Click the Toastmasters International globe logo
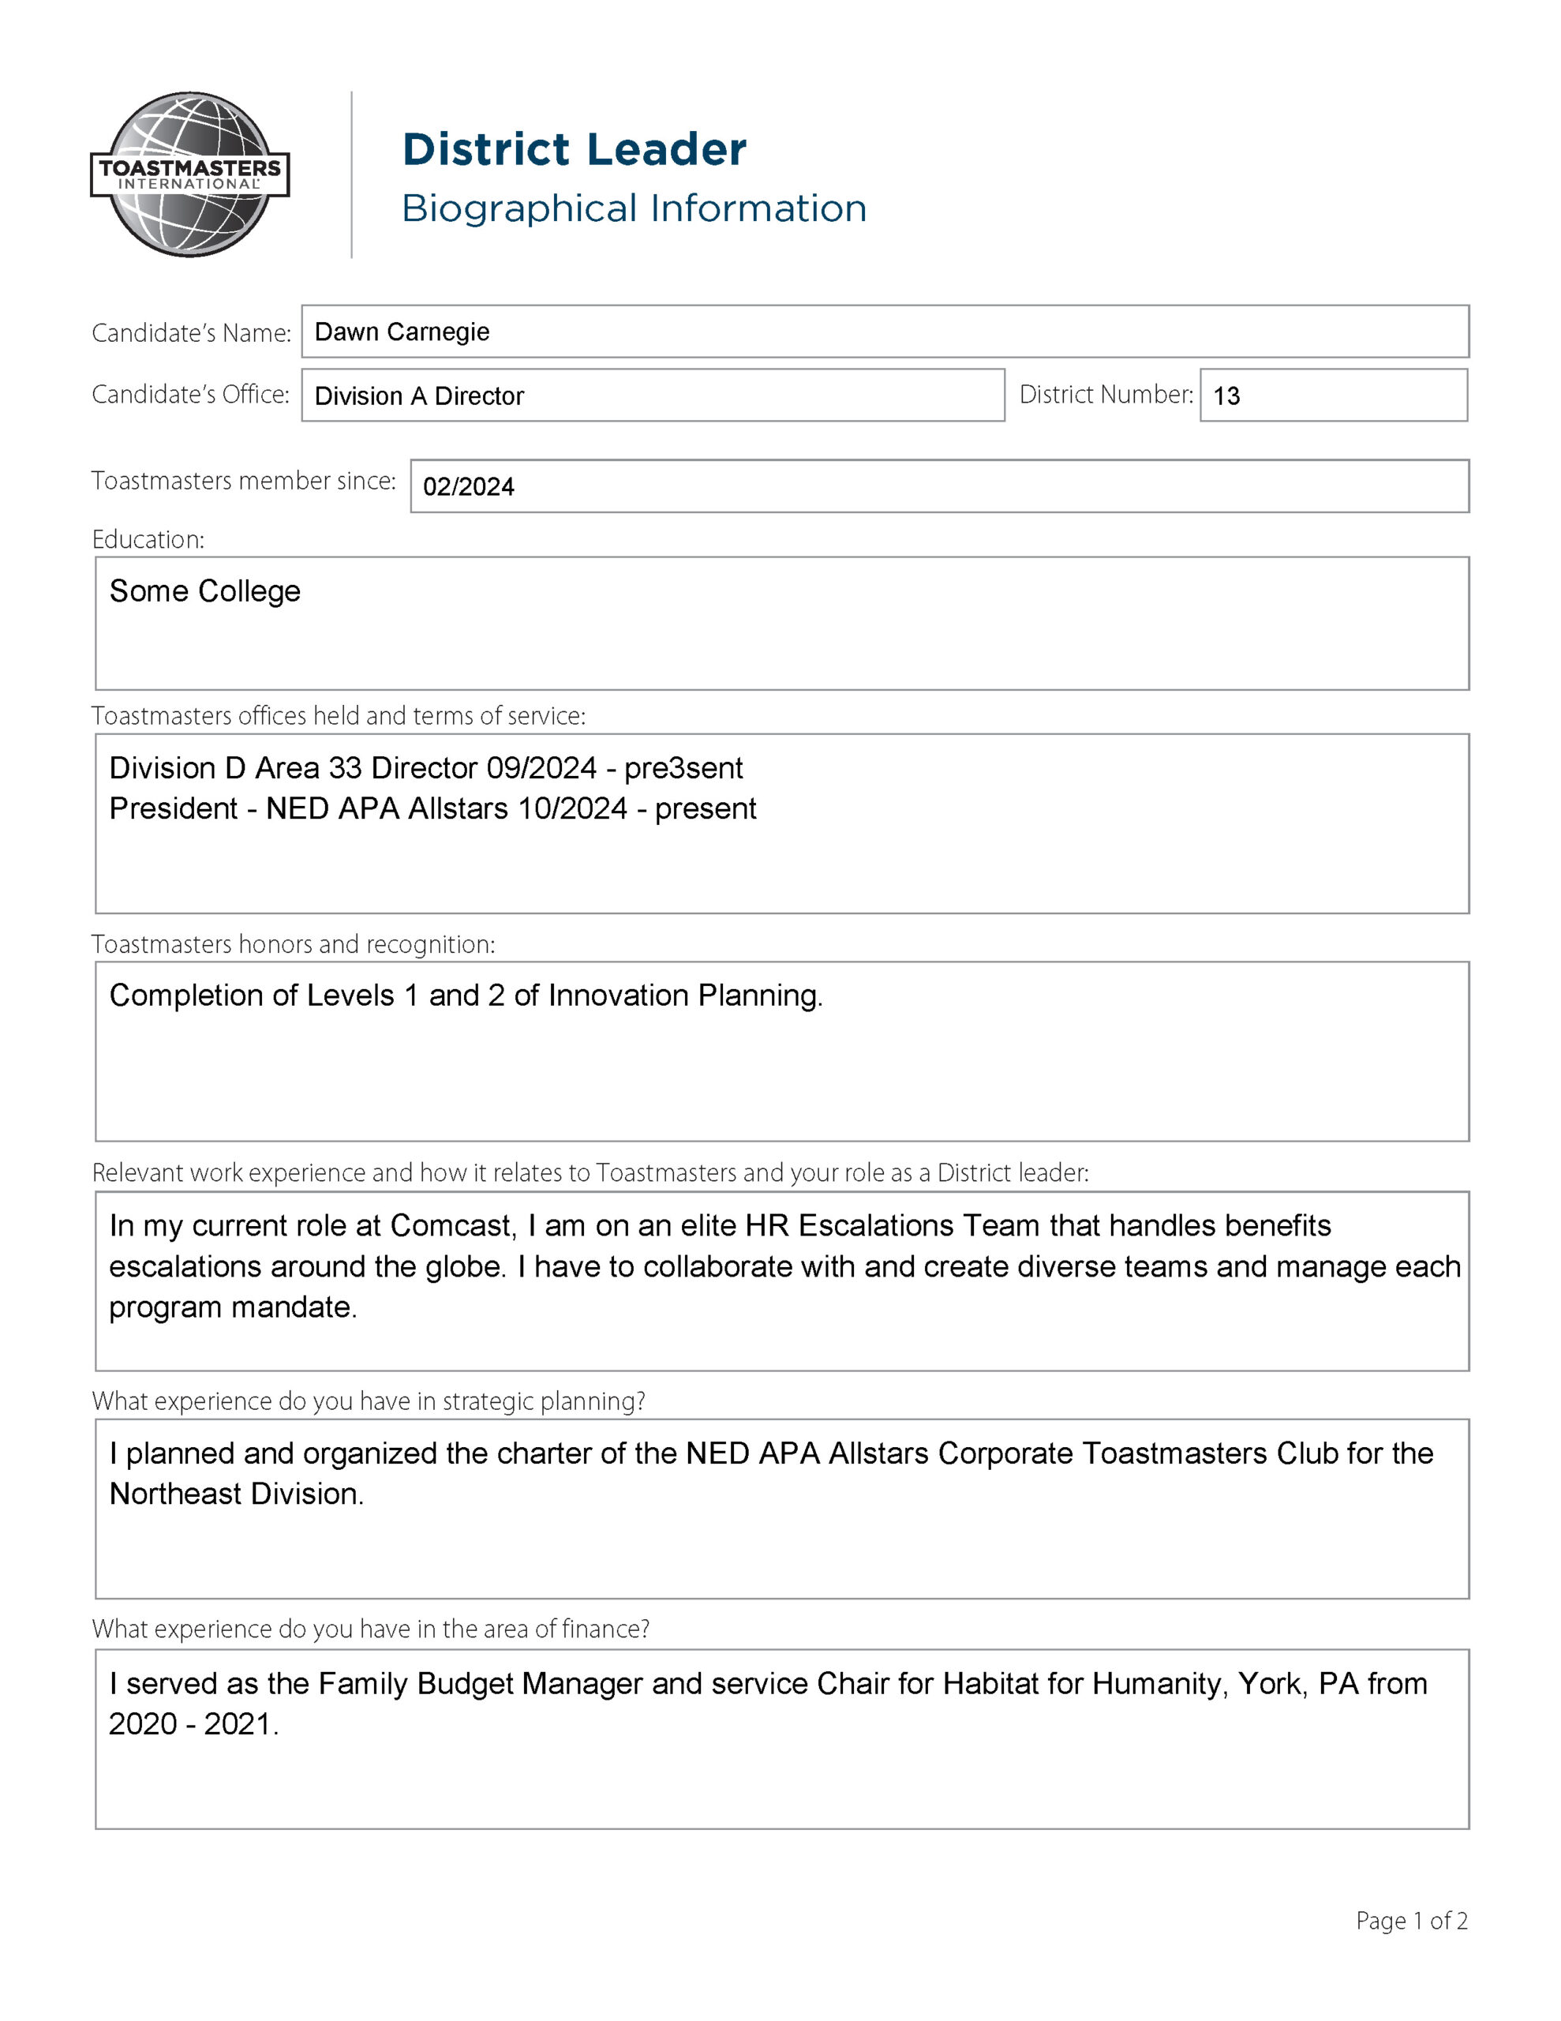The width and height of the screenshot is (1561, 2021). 189,174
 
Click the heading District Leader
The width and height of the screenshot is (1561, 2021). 574,150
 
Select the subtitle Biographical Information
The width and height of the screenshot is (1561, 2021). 634,209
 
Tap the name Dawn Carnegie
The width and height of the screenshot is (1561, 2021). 402,332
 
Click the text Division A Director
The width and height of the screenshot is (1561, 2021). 419,396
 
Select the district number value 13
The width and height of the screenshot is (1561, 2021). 1226,396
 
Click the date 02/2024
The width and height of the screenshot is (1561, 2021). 468,487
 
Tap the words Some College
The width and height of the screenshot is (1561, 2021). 204,591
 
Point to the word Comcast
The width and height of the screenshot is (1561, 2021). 451,1225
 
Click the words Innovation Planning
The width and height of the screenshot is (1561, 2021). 685,996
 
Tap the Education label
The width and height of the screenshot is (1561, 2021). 148,539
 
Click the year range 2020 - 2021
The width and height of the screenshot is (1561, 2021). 193,1724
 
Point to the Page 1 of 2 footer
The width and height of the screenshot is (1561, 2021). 1411,1921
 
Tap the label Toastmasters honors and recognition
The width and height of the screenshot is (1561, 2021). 294,944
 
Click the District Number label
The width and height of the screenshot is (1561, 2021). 1106,396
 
